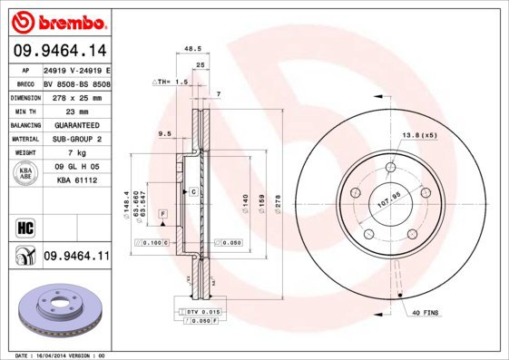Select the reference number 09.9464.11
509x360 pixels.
click(76, 258)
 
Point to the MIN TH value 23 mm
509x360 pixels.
click(75, 111)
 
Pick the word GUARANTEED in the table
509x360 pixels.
click(75, 124)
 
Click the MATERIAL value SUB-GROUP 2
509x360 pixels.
click(75, 139)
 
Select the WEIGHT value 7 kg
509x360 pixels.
click(75, 152)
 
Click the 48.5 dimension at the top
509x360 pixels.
click(191, 50)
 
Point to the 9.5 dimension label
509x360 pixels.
click(165, 133)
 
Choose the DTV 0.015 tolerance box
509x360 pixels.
click(201, 311)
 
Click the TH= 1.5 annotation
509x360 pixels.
click(170, 82)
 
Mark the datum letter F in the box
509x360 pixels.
click(163, 212)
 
